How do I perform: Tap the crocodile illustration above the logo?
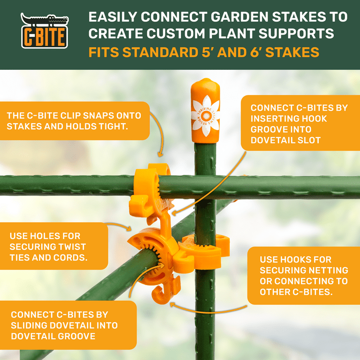[x=45, y=19]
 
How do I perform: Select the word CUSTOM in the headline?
[x=176, y=34]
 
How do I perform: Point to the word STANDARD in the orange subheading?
[x=160, y=52]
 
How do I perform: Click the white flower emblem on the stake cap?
[x=205, y=116]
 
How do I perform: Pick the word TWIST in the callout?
[x=72, y=247]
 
